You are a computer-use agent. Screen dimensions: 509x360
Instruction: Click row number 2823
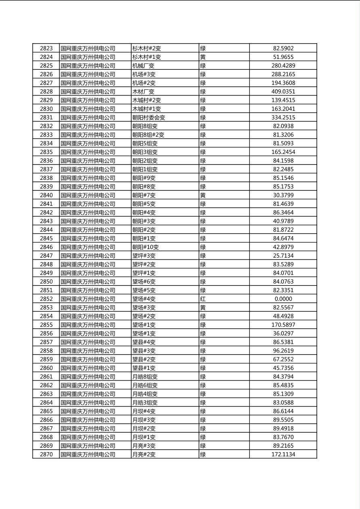click(46, 48)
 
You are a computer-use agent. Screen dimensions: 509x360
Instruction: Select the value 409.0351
click(283, 92)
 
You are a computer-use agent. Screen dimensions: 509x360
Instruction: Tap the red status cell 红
click(203, 299)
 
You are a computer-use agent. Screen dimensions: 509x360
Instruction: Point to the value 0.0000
click(283, 299)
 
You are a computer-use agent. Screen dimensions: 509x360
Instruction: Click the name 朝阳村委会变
click(149, 117)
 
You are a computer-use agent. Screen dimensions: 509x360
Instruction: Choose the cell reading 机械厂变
click(143, 66)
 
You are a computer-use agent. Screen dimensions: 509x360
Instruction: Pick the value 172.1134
click(283, 455)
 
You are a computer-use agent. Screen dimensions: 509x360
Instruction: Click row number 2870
click(46, 455)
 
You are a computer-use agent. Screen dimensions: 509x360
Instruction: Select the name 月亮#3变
click(144, 446)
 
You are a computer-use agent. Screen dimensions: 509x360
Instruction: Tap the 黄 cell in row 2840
click(203, 195)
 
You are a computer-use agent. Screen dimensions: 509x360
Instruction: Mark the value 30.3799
click(283, 195)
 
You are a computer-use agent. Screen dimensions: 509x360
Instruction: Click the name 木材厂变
click(143, 92)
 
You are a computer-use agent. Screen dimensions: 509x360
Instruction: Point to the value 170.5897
click(283, 325)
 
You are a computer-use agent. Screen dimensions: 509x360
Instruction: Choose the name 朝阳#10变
click(145, 247)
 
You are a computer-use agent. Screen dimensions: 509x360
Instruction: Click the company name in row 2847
click(88, 256)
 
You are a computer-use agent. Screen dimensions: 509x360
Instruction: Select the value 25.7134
click(283, 256)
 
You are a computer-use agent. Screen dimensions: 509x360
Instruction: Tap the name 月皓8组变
click(145, 377)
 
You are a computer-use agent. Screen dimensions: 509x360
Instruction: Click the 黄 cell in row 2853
click(203, 307)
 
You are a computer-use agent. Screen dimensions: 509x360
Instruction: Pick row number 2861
click(46, 377)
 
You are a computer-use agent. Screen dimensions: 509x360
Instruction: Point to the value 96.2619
click(283, 350)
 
